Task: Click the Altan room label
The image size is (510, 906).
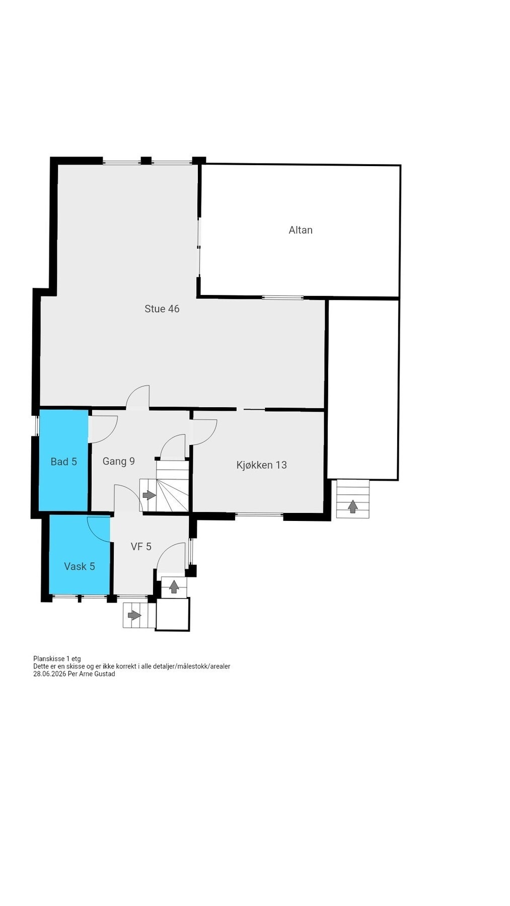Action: pyautogui.click(x=301, y=230)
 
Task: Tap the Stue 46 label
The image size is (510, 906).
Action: pyautogui.click(x=162, y=309)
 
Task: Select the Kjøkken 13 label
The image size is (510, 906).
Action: pyautogui.click(x=261, y=465)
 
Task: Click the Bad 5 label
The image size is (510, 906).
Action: pyautogui.click(x=63, y=462)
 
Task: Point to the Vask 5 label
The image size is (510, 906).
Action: pyautogui.click(x=80, y=566)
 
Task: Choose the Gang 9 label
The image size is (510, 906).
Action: pyautogui.click(x=118, y=461)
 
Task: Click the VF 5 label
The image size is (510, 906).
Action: pyautogui.click(x=141, y=547)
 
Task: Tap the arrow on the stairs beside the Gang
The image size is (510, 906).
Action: pyautogui.click(x=149, y=495)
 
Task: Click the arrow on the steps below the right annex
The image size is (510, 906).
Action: pyautogui.click(x=353, y=506)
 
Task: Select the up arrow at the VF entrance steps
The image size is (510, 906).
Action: pyautogui.click(x=174, y=586)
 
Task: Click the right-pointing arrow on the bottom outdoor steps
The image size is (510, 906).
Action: pyautogui.click(x=134, y=615)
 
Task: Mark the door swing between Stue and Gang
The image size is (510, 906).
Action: pyautogui.click(x=138, y=397)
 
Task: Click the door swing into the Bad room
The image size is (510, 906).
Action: pyautogui.click(x=103, y=429)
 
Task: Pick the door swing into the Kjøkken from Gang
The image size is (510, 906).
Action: pyautogui.click(x=204, y=432)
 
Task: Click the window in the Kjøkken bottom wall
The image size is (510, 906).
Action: pyautogui.click(x=259, y=514)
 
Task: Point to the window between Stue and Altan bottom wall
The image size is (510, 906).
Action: pyautogui.click(x=282, y=297)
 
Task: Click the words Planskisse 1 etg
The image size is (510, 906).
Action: pyautogui.click(x=57, y=658)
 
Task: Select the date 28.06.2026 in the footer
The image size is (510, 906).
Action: pyautogui.click(x=50, y=674)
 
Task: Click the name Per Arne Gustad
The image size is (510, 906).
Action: pyautogui.click(x=92, y=674)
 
